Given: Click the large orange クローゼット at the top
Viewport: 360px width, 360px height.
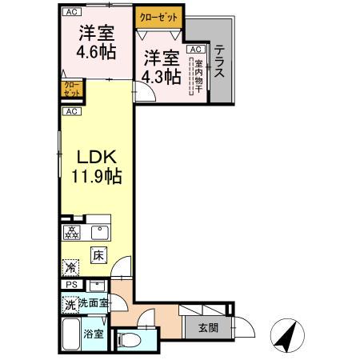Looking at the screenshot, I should point(160,16).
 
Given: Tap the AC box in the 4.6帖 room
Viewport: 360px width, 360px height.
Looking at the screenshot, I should point(72,12).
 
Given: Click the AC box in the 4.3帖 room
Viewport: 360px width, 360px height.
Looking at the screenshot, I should point(194,49).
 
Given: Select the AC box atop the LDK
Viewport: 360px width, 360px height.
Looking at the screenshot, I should point(72,111).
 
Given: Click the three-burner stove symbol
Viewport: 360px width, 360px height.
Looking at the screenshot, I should point(72,234).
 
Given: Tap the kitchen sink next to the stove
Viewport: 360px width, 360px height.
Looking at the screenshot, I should point(100,234).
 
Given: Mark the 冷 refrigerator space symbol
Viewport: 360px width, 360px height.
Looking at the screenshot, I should point(71,268).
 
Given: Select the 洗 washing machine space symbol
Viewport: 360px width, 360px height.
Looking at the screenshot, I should point(70,305).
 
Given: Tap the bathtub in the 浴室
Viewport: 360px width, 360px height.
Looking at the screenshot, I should point(71,334).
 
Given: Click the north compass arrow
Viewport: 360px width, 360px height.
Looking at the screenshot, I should point(288,334).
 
